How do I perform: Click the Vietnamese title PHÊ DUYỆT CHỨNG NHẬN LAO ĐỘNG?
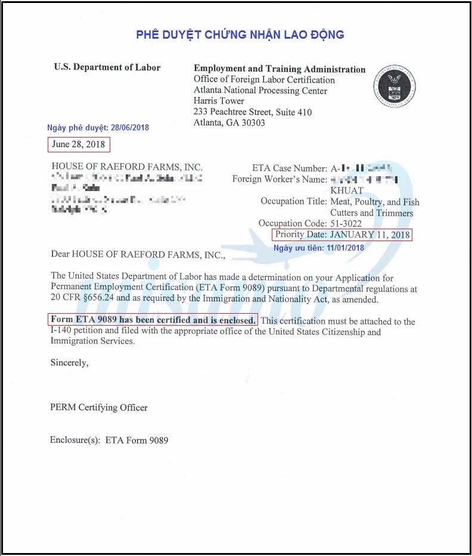coord(240,35)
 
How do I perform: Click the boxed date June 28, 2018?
coord(79,145)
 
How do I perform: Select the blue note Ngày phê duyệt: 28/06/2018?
coord(98,128)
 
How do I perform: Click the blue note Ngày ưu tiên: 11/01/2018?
coord(318,248)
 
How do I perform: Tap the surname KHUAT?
coord(347,190)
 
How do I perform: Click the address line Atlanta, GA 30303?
coord(229,123)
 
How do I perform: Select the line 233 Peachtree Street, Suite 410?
coord(253,112)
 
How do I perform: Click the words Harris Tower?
coord(219,101)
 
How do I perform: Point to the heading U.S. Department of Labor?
coord(107,67)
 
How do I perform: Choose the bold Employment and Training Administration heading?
coord(280,69)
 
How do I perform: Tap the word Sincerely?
coord(69,362)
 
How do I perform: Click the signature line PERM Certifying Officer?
coord(99,408)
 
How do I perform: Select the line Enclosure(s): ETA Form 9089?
coord(109,441)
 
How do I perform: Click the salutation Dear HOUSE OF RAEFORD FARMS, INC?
coord(138,254)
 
